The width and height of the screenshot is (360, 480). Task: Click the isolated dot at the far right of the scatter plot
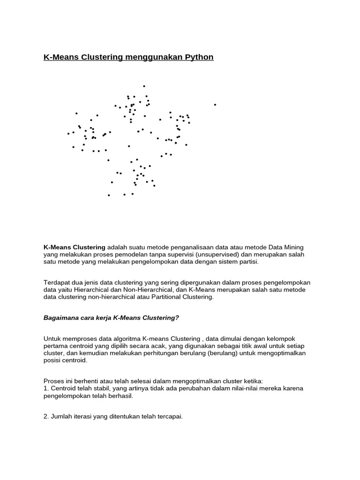(215, 105)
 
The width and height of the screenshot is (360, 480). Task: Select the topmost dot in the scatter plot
(144, 86)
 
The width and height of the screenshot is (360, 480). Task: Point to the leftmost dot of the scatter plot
(68, 134)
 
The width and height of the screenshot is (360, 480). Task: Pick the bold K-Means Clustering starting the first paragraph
(74, 247)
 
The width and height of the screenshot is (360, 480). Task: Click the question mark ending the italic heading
(177, 317)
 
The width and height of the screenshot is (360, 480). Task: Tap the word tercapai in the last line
(169, 416)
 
